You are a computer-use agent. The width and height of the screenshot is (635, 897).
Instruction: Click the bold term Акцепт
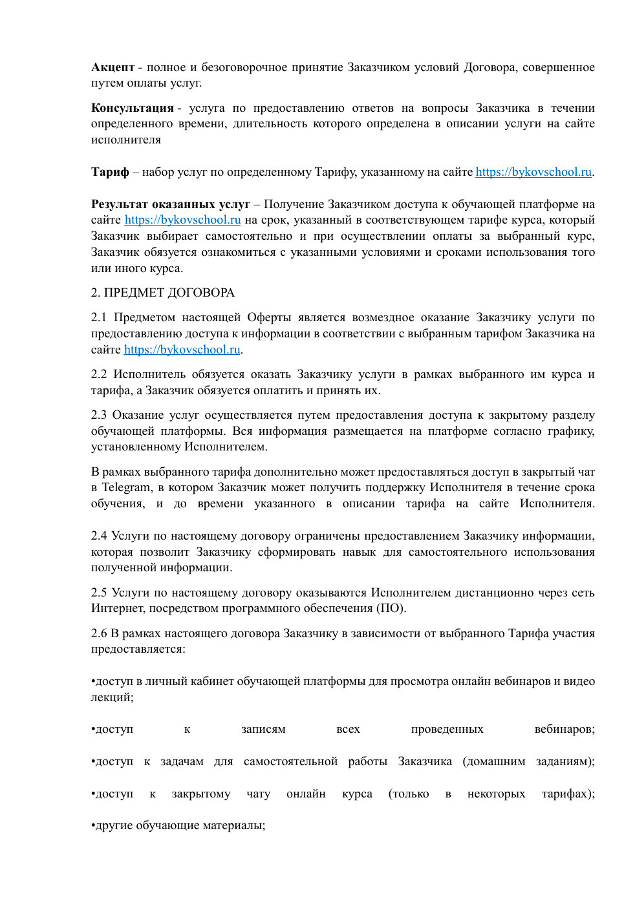[113, 67]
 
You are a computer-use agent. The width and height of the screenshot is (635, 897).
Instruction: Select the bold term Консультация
[133, 108]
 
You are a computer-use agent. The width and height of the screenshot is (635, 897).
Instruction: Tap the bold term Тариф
[110, 172]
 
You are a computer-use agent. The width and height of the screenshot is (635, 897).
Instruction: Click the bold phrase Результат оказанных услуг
[170, 204]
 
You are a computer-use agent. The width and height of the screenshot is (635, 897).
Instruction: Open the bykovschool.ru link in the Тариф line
[533, 172]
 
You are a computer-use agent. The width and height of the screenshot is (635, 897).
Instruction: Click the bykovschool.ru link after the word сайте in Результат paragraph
[182, 220]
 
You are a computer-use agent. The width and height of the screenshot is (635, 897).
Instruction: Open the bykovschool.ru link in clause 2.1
[182, 350]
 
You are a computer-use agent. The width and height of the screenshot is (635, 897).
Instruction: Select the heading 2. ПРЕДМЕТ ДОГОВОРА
[162, 293]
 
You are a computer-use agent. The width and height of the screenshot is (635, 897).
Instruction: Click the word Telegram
[127, 488]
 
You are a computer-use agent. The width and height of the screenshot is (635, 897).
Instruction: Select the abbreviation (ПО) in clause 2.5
[391, 608]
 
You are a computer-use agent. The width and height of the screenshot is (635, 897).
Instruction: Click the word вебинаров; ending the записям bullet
[565, 729]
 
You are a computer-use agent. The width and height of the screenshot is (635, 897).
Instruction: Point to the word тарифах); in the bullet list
[568, 794]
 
